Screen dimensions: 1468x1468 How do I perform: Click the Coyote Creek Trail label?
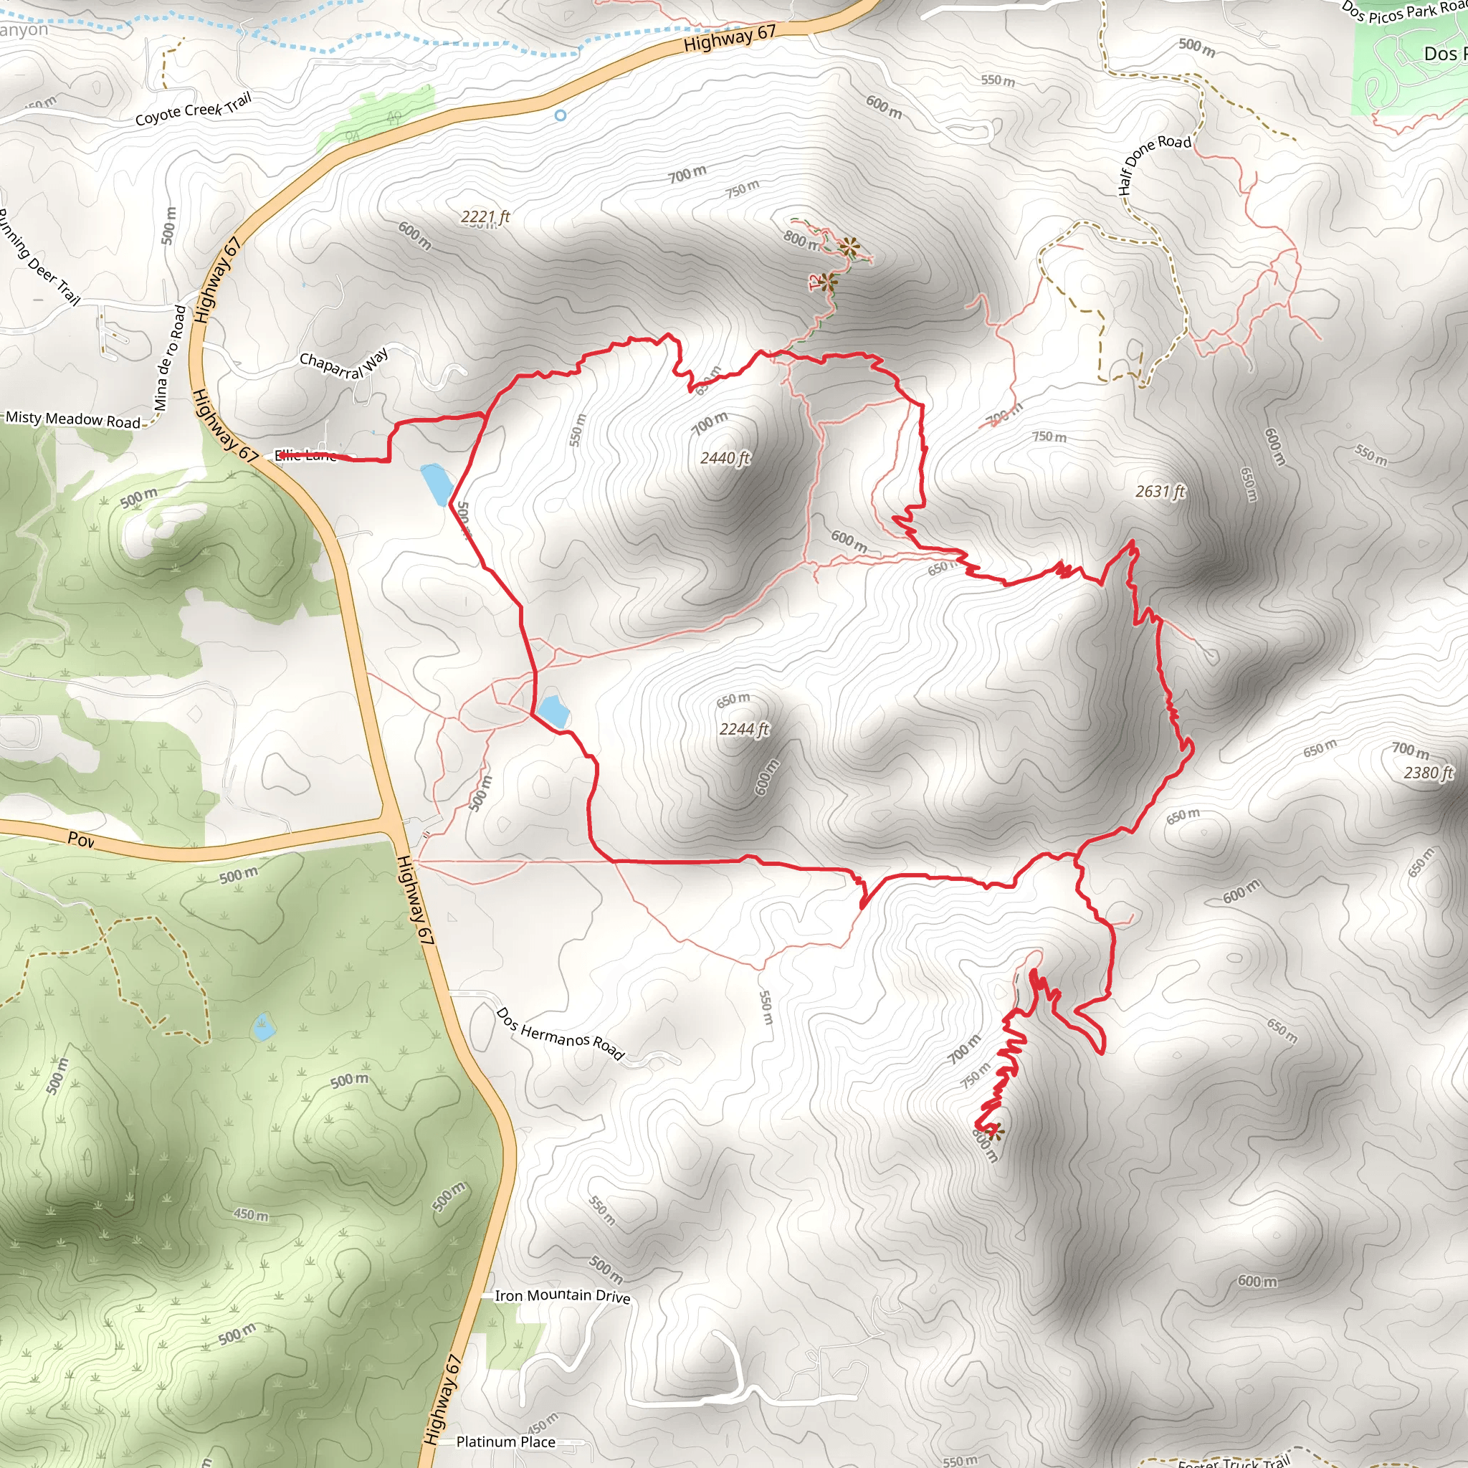tap(193, 110)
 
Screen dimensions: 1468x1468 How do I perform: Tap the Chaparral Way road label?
tap(343, 364)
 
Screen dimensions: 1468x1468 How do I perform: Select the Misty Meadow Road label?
tap(73, 419)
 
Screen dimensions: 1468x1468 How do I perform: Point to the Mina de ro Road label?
tap(169, 358)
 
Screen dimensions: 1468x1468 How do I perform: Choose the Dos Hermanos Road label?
tap(560, 1034)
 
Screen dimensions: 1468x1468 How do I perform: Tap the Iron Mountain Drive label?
tap(562, 1295)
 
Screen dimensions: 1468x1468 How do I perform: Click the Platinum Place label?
tap(505, 1441)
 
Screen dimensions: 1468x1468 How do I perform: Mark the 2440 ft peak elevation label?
tap(725, 457)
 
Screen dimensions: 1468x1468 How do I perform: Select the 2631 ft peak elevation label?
tap(1160, 492)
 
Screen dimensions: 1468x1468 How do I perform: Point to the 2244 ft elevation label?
tap(744, 730)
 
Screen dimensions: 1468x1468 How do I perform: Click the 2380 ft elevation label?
tap(1428, 773)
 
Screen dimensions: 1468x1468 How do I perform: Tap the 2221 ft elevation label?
tap(485, 217)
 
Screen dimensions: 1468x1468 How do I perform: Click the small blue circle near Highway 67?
tap(560, 115)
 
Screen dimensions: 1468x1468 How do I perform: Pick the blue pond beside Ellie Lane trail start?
tap(437, 485)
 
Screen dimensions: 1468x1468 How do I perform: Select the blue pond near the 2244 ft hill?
tap(553, 710)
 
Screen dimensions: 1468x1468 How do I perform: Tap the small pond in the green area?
tap(264, 1027)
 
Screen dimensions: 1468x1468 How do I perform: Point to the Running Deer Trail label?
tap(38, 256)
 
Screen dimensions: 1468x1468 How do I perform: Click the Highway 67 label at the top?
tap(730, 38)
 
